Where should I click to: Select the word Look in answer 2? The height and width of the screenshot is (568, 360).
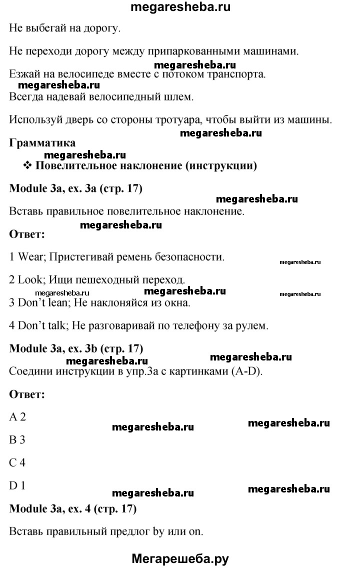click(31, 280)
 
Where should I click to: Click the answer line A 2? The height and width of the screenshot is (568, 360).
click(17, 417)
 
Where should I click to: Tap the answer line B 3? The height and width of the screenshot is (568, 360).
click(17, 440)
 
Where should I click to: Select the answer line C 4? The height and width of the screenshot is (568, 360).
click(17, 462)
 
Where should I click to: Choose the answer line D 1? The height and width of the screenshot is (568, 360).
click(17, 485)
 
